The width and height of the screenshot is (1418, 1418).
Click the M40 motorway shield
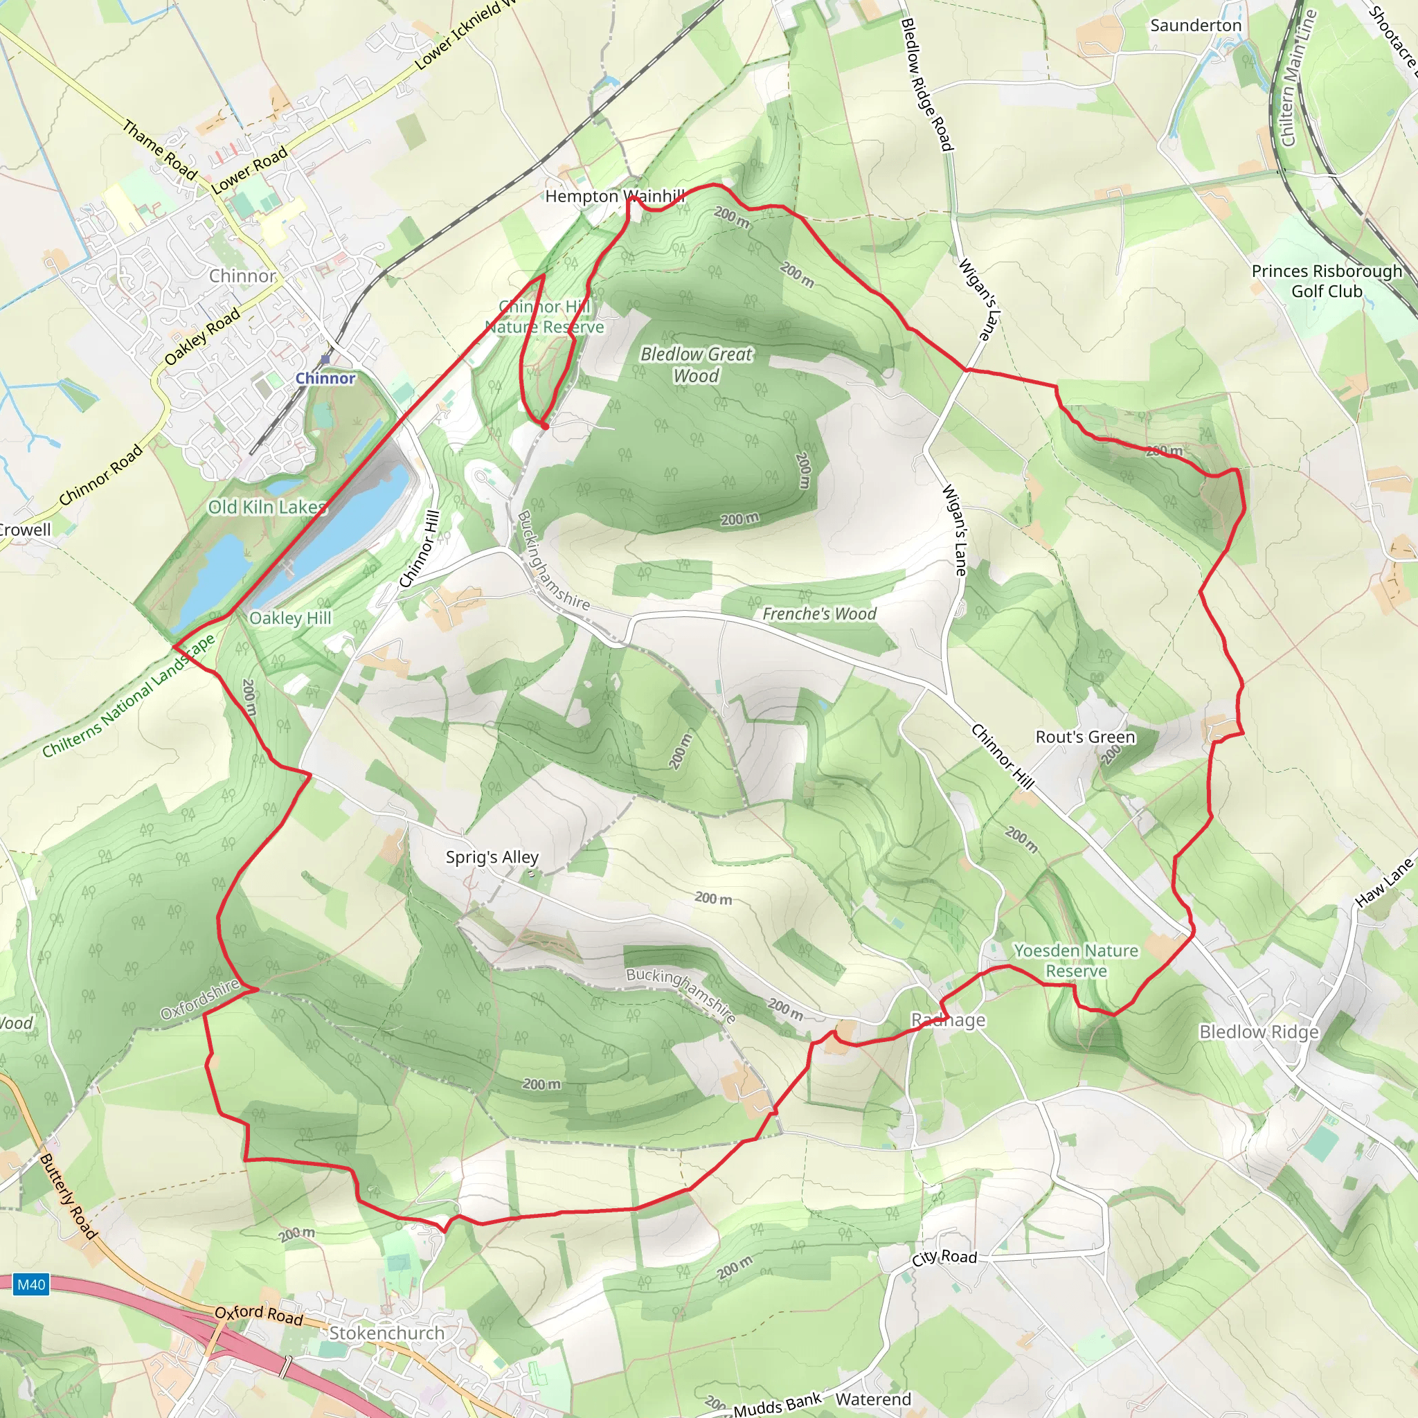[31, 1284]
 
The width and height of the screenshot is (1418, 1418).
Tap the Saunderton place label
[1196, 26]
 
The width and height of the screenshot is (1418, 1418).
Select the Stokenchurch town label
[387, 1333]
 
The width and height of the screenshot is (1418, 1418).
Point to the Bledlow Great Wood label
[697, 365]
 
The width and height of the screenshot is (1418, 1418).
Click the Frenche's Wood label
[819, 613]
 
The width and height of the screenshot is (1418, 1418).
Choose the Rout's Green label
[1085, 737]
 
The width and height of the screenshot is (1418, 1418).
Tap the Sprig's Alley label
[492, 857]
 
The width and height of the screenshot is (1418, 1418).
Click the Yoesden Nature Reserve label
[1076, 961]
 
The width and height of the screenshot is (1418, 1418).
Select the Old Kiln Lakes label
[267, 507]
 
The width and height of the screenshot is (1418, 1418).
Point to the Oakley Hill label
[291, 618]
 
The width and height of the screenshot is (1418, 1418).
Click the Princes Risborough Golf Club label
[1327, 281]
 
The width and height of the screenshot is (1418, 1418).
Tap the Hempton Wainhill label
[615, 196]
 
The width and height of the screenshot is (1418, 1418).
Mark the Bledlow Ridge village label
[1259, 1032]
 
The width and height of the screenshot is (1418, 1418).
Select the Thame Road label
[159, 150]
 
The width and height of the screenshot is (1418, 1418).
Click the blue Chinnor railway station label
[325, 378]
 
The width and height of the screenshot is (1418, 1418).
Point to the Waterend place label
[873, 1399]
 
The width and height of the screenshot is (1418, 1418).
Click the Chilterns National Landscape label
[129, 696]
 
